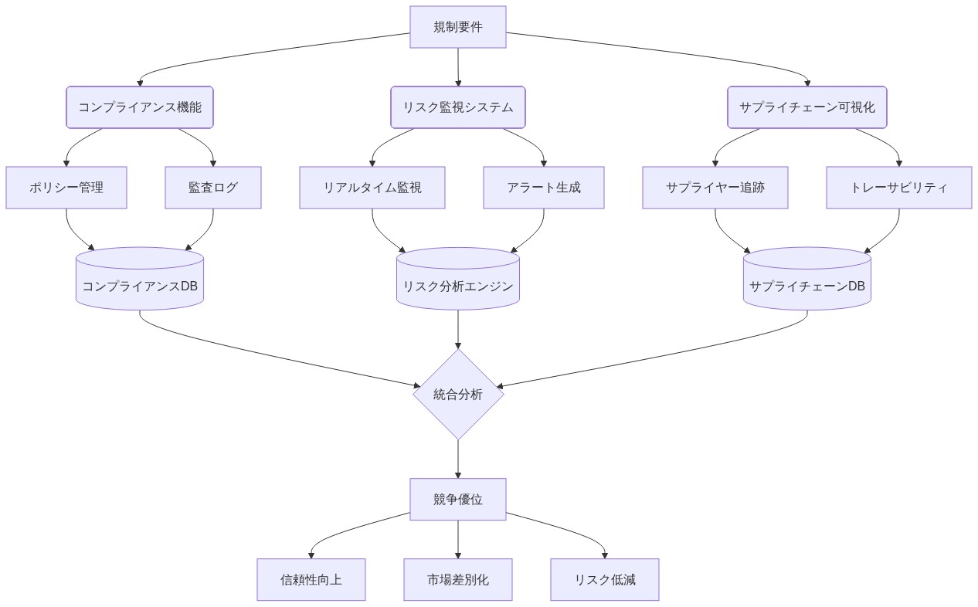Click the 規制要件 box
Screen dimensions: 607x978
(x=458, y=27)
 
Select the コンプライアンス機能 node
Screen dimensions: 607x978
(x=140, y=107)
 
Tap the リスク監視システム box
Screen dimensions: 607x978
(x=458, y=107)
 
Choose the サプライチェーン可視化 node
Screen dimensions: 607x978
(x=807, y=107)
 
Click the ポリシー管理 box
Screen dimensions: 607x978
(x=66, y=188)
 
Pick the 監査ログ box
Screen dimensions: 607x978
(x=213, y=188)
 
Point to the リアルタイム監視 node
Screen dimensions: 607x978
(x=372, y=188)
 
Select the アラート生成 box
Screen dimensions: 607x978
(x=544, y=188)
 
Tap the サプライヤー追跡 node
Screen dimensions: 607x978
(x=715, y=188)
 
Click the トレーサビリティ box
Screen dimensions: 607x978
(x=899, y=188)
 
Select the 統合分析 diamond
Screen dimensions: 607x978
(x=458, y=395)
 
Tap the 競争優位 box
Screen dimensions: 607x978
(x=458, y=499)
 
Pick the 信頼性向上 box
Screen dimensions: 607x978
(x=311, y=579)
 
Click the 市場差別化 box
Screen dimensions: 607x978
(x=458, y=579)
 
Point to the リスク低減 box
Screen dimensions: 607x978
(x=605, y=579)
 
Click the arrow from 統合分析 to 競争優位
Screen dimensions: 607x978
(x=458, y=459)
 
